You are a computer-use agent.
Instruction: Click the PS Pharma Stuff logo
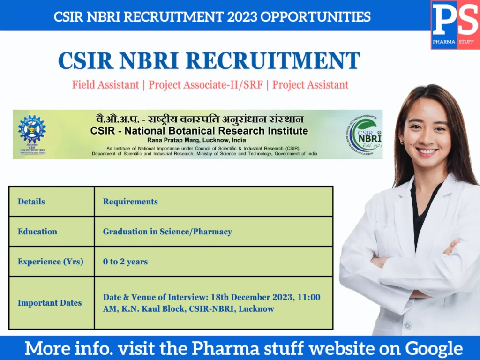click(x=455, y=24)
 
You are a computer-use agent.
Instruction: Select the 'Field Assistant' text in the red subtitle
click(x=105, y=85)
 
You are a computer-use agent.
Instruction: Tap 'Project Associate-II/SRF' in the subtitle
click(x=206, y=85)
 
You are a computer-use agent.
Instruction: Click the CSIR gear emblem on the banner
click(x=31, y=129)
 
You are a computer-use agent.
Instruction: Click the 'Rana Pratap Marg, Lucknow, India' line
click(x=196, y=140)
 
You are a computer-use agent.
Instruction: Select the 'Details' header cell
click(x=31, y=202)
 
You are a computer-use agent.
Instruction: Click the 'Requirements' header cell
click(x=130, y=202)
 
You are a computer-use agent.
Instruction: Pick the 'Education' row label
click(x=37, y=232)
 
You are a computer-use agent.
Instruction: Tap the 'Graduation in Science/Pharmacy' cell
click(x=167, y=232)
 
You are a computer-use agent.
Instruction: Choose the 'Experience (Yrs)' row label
click(x=51, y=262)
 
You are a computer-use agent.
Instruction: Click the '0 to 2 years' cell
click(x=125, y=262)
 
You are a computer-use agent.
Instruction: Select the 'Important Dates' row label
click(x=50, y=303)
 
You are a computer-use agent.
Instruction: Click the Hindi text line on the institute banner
click(x=197, y=120)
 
